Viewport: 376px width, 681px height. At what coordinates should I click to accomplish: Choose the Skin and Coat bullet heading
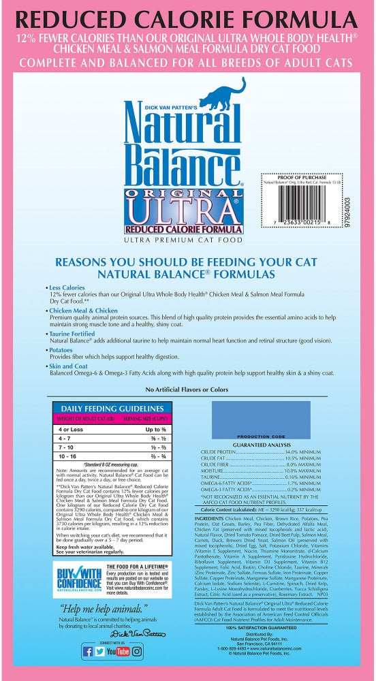point(71,366)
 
